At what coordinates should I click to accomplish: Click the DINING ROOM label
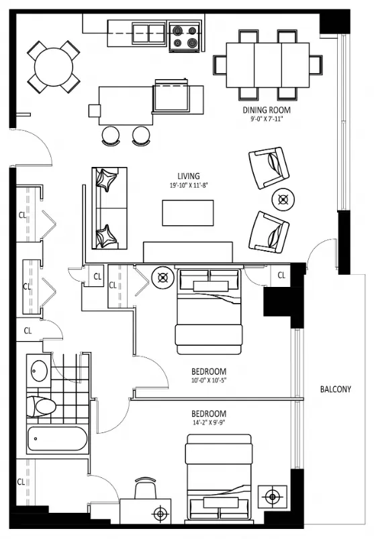266,110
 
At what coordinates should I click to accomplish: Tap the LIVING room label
189,176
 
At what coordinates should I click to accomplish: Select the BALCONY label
336,389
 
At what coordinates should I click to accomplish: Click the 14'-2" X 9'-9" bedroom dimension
209,422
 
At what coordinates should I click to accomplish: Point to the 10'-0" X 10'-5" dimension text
209,380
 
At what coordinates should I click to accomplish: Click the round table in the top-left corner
54,66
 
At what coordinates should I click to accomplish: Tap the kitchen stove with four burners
185,37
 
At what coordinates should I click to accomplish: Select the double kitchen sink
149,34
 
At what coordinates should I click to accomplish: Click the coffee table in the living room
188,213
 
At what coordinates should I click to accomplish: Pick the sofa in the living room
109,208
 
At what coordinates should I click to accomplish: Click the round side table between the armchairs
283,199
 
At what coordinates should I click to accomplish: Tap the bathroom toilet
42,406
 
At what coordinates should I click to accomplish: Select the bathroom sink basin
39,371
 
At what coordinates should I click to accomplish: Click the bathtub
57,438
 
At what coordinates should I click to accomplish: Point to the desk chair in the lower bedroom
145,488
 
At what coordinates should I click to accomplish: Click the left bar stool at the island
111,135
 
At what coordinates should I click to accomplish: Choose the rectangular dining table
268,65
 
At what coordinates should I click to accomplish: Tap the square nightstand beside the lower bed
273,497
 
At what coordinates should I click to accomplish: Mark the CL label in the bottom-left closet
21,481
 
